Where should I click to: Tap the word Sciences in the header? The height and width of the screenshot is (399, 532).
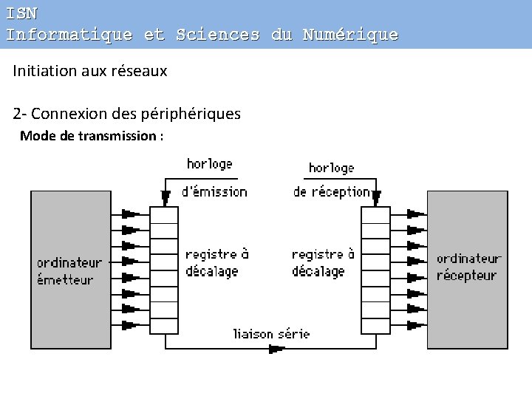tap(218, 35)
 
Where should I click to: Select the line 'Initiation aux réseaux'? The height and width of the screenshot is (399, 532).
tap(89, 71)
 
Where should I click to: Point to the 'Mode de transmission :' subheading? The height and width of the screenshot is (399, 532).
tap(92, 136)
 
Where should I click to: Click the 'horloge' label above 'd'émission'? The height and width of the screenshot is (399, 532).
tap(209, 163)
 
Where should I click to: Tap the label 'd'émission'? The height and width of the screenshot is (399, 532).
tap(214, 191)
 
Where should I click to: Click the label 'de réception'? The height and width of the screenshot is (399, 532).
tap(331, 191)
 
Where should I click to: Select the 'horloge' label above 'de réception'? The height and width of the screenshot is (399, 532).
tap(331, 168)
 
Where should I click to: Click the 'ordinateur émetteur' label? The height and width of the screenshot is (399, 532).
tap(69, 271)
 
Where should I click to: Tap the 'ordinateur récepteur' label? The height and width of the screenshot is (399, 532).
tap(468, 267)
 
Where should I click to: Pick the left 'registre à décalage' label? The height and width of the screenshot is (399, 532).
tap(216, 262)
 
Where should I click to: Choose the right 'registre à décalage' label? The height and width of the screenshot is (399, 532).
tap(323, 262)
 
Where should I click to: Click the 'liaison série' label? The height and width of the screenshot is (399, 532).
tap(271, 333)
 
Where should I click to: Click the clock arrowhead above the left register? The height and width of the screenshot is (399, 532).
tap(163, 195)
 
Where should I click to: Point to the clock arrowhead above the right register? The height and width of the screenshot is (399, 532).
tap(376, 197)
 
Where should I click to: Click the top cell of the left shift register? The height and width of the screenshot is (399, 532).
tap(164, 215)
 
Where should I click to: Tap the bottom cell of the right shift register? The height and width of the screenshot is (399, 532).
tap(375, 326)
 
